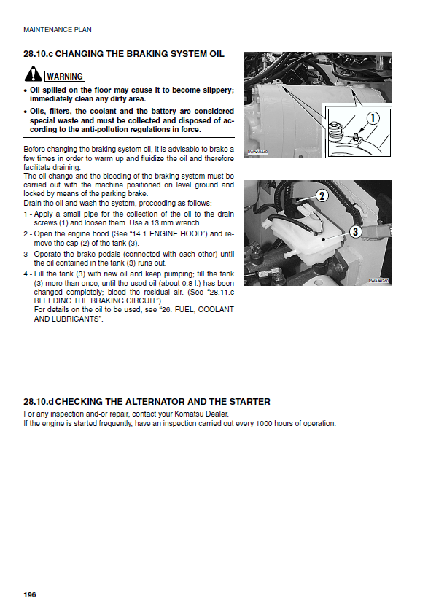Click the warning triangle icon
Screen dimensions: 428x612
pyautogui.click(x=33, y=74)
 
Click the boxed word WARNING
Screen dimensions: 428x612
pyautogui.click(x=65, y=76)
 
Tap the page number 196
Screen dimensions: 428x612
pyautogui.click(x=30, y=594)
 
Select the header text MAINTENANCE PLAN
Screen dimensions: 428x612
pyautogui.click(x=58, y=30)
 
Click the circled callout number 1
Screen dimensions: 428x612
pyautogui.click(x=373, y=117)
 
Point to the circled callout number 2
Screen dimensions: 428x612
pyautogui.click(x=322, y=195)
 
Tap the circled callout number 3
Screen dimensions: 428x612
pyautogui.click(x=355, y=232)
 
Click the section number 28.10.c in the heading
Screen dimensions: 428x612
pyautogui.click(x=38, y=54)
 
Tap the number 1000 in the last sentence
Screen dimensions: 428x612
pyautogui.click(x=264, y=424)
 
